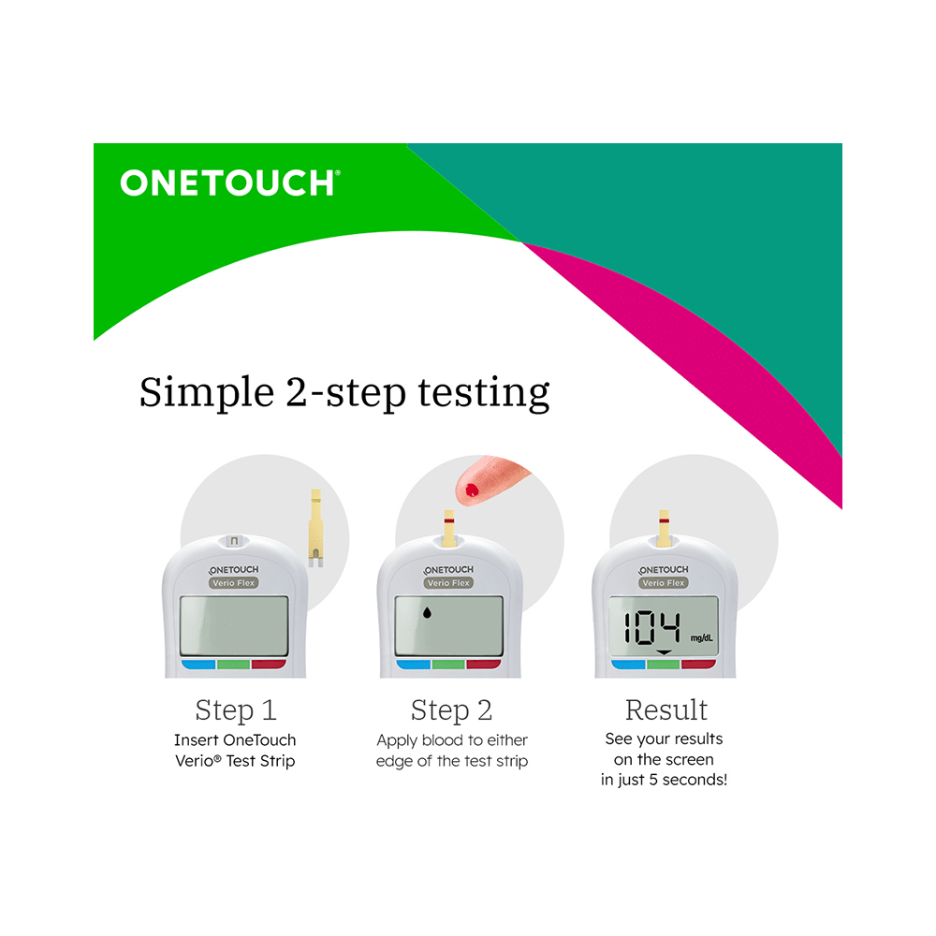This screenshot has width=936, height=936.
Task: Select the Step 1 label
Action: pos(236,710)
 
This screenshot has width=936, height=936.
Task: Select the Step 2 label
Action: pos(451,710)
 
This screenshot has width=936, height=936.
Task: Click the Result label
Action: pos(666,710)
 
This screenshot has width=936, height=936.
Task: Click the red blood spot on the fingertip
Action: pos(470,489)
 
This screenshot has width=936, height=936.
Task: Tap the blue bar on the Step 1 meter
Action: pos(198,665)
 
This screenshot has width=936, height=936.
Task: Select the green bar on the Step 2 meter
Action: pos(449,665)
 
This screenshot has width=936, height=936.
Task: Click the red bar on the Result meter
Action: pos(698,665)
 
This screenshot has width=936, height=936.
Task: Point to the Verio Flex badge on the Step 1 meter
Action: pos(234,583)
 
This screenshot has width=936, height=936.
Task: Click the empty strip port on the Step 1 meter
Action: pos(234,541)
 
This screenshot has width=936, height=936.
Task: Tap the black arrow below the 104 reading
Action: pos(664,651)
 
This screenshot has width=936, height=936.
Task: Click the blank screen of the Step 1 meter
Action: pos(234,625)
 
